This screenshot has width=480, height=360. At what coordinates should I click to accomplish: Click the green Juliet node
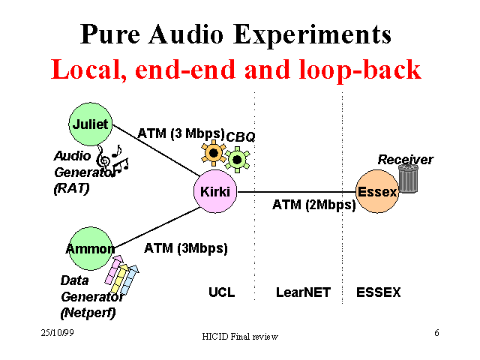(x=91, y=124)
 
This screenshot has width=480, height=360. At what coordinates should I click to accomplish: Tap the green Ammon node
(x=90, y=248)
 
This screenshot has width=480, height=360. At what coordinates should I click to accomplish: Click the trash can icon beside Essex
(x=408, y=178)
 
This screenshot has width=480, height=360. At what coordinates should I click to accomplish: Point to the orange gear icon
(x=213, y=154)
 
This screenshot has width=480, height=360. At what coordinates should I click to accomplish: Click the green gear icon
(x=238, y=159)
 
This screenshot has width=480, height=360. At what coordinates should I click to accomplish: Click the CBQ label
(x=241, y=136)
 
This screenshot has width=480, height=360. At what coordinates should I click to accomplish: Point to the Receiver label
(x=405, y=159)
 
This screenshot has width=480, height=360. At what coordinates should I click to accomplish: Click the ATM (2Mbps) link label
(x=313, y=204)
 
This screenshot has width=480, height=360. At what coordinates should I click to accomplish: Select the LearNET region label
(x=303, y=292)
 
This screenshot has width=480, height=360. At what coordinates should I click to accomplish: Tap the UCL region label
(x=221, y=292)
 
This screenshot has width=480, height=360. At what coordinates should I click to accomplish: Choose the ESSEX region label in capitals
(x=379, y=292)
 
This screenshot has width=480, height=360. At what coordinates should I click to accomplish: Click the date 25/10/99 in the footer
(x=57, y=331)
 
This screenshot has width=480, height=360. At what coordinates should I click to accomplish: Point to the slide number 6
(x=436, y=331)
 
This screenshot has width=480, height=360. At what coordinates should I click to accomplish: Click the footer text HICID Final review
(x=240, y=337)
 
